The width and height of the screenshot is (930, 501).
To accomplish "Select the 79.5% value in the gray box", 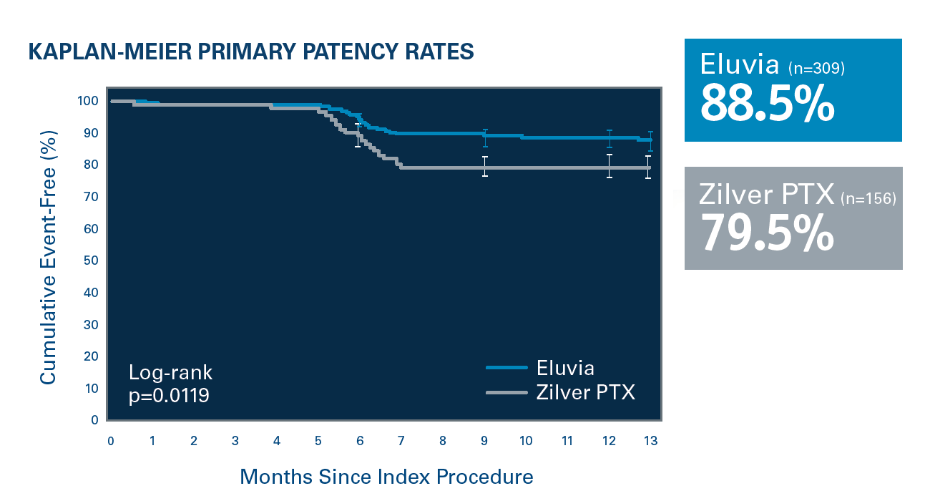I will pos(767,232).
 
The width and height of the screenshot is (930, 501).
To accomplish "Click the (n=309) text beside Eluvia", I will pos(817,69).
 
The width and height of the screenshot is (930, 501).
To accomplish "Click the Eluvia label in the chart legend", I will pos(565,368).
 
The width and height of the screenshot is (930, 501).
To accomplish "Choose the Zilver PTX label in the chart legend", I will pos(585,392).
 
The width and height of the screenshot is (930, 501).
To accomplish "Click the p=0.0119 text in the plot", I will pos(169,395).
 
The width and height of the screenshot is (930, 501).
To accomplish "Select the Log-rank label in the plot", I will pos(170,372).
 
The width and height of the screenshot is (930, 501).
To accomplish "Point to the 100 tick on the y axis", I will pos(87,101).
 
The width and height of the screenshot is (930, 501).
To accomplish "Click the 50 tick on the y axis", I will pos(90,261).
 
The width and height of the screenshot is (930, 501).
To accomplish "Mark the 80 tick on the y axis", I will pos(90,165).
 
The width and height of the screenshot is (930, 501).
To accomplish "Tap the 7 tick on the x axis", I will pos(401,441).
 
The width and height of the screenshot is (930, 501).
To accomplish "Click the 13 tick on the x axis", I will pos(650,441).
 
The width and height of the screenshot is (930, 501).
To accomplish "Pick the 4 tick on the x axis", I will pos(277,441).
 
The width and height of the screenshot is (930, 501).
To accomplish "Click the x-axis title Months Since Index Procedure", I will pos(386,477).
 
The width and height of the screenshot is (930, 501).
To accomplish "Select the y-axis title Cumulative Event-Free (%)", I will pos(47,258).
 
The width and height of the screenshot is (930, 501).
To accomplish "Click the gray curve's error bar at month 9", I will pos(484,167).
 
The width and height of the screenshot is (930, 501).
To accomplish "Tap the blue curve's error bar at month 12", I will pos(609,138).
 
